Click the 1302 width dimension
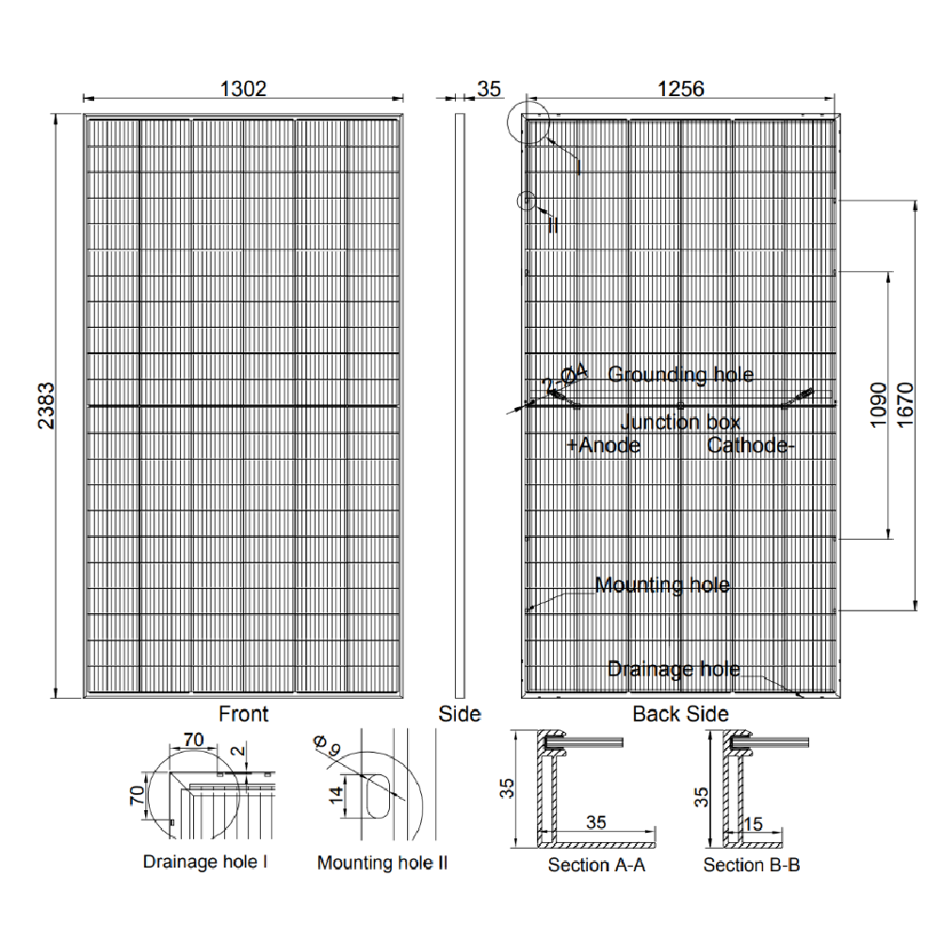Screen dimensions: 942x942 coord(244,89)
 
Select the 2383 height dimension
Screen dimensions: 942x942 coord(45,406)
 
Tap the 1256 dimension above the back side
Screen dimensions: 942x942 coord(681,89)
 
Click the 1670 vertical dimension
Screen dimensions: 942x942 coord(906,405)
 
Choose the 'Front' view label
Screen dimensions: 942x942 coord(243,714)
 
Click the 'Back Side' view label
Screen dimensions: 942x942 coord(680,714)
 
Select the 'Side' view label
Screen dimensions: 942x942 coord(460,714)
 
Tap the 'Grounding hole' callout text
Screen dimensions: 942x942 coord(680,375)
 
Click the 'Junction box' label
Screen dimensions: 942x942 coord(680,422)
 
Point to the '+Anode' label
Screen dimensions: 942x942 coord(603,445)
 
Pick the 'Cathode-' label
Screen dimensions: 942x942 coord(751,445)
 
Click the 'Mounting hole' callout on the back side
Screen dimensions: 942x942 coord(662,585)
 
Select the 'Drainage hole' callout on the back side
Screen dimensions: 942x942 coord(674,670)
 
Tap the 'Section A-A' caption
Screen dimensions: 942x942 coord(596,865)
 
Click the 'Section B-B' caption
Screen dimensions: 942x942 coord(752,865)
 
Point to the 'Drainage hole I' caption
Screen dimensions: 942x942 coord(205,861)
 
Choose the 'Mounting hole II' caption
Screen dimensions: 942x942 coord(382,862)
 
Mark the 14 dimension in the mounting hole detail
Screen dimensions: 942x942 coord(336,794)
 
